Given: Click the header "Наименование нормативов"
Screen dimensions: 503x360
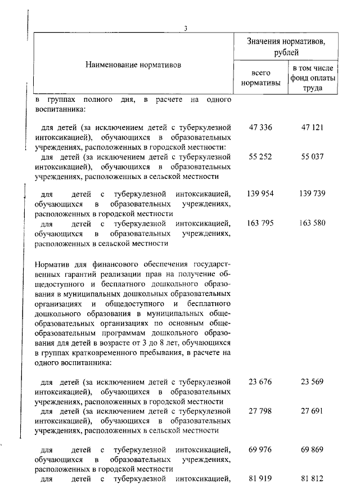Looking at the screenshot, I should [134, 65].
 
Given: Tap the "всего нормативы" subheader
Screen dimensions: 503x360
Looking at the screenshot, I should [260, 78].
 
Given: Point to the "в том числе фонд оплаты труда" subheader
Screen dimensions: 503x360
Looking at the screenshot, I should [313, 78].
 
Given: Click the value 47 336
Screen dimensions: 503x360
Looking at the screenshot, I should [260, 128].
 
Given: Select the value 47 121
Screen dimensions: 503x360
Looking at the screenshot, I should [313, 128].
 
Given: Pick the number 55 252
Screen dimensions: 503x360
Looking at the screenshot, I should [260, 156].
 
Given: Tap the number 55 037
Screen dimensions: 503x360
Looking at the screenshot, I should [313, 156].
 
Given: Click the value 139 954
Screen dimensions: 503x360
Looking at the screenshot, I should [260, 194].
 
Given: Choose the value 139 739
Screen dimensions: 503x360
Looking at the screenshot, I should [313, 194].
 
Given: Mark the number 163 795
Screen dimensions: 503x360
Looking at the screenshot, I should [260, 223].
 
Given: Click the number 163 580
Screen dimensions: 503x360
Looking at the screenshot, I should [313, 223].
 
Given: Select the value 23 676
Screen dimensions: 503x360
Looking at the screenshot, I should [260, 382].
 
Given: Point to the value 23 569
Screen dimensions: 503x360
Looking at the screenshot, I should [313, 382].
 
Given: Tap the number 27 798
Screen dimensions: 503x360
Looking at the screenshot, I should [260, 411].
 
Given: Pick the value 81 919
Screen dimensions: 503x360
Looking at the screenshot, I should [260, 479].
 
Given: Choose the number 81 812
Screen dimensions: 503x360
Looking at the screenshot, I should [313, 479].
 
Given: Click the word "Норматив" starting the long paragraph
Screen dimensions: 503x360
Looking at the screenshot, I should [51, 264].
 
